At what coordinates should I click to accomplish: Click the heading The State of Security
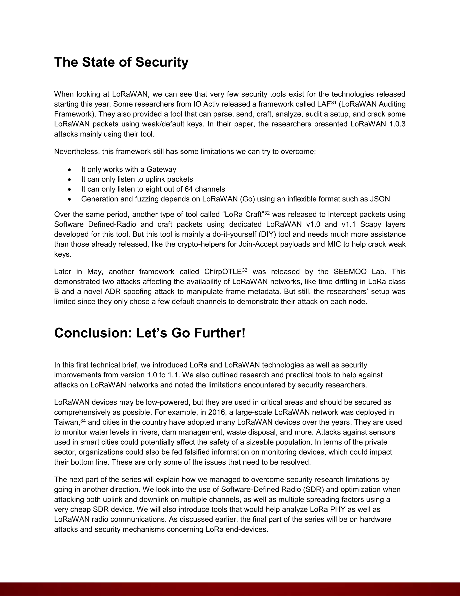(x=121, y=62)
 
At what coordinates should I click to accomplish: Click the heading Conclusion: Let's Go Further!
(x=150, y=333)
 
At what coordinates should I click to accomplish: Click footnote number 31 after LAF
(x=334, y=102)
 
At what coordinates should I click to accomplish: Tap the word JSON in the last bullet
(x=380, y=199)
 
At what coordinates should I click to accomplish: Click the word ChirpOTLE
(x=223, y=272)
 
